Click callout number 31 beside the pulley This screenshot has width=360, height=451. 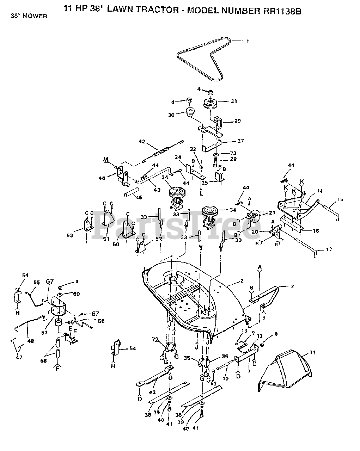(234, 101)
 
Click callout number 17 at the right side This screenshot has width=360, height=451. (329, 250)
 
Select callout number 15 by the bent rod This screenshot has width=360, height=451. (340, 200)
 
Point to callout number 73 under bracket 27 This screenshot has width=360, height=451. (233, 153)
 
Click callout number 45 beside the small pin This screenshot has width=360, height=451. (139, 198)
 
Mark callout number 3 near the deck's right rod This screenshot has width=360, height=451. (292, 286)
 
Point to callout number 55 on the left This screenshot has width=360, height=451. (37, 282)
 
